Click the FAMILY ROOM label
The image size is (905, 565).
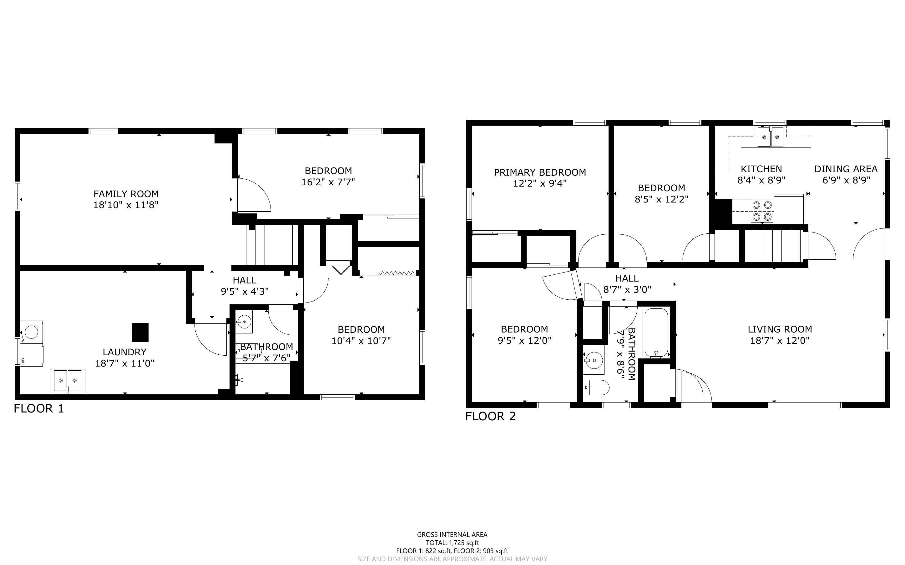coord(126,194)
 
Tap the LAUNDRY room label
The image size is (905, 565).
coord(124,352)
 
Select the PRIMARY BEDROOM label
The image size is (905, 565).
coord(540,172)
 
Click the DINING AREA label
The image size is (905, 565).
coord(846,169)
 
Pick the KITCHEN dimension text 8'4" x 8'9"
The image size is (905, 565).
coord(761,180)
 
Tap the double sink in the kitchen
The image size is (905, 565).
coord(771,137)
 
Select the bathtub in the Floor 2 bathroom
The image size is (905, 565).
coord(656,333)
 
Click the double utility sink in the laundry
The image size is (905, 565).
coord(68,381)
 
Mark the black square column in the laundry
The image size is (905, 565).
coord(140,332)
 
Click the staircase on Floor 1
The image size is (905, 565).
coord(271,245)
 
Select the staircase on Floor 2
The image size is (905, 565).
coord(773,246)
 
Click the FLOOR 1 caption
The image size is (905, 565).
coord(39,408)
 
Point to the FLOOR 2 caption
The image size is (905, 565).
coord(490,416)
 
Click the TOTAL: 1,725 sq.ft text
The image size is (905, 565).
coord(452,542)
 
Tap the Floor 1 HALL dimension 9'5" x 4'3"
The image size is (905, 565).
coord(245,292)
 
